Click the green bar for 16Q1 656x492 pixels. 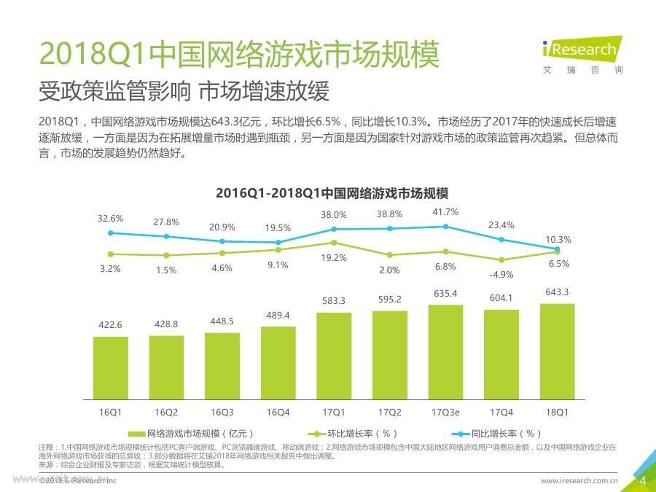click(111, 367)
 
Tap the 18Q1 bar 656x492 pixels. click(557, 351)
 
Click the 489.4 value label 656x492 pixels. click(278, 315)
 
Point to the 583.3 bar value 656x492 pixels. click(334, 301)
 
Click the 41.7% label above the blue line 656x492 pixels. click(445, 212)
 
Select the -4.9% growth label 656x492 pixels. click(501, 275)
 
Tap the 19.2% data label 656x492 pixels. click(334, 258)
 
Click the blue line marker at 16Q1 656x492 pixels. click(111, 233)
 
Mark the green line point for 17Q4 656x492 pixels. click(501, 260)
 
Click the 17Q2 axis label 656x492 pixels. click(389, 412)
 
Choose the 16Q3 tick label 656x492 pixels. click(222, 412)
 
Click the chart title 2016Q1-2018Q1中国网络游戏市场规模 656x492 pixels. click(332, 194)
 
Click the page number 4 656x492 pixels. click(642, 480)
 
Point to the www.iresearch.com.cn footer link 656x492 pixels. click(579, 481)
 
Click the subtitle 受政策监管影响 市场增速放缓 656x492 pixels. click(184, 93)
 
